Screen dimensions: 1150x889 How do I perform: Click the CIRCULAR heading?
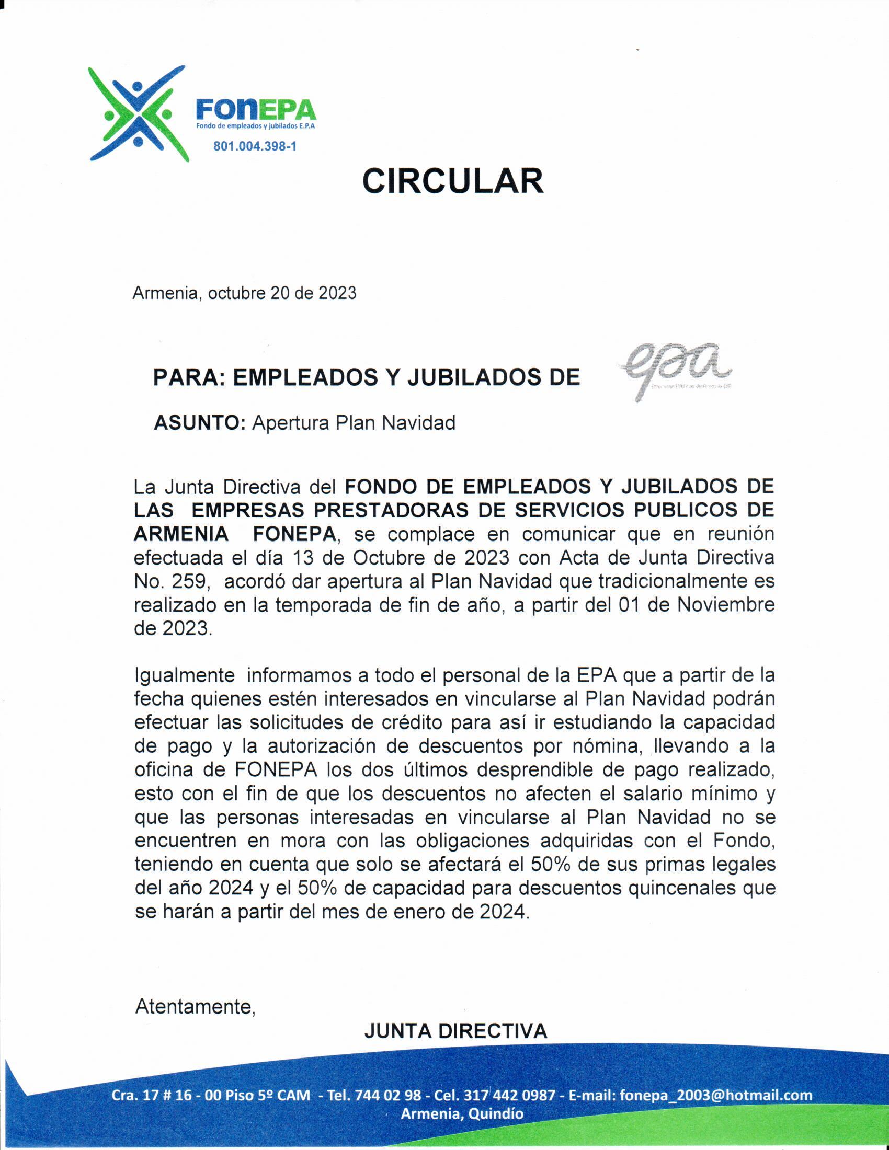452,182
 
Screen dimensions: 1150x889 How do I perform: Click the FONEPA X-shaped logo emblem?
138,113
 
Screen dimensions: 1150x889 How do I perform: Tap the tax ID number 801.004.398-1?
254,146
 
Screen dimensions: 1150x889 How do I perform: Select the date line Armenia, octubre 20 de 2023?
244,293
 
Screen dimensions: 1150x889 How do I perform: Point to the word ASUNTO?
199,423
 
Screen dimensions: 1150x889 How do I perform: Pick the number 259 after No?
191,582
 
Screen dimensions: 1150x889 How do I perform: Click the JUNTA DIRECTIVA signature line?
455,1031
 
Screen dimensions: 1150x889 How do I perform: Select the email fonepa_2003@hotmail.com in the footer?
716,1096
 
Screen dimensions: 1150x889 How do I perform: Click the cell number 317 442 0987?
510,1096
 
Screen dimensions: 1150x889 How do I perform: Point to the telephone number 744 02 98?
388,1096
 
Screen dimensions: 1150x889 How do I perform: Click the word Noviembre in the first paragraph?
725,605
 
